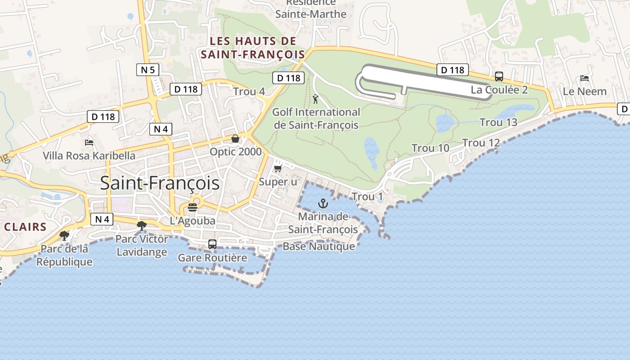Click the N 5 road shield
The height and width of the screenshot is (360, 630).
coord(148,70)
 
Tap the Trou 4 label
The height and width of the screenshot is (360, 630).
coord(249,92)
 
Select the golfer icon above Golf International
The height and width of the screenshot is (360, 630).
coord(315,99)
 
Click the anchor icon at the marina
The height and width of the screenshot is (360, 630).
coord(323,203)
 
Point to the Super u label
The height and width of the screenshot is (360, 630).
coord(278,182)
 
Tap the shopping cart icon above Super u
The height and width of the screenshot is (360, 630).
coord(278,168)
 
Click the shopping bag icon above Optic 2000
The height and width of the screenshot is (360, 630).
coord(235,139)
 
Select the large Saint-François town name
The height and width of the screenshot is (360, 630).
coord(160,183)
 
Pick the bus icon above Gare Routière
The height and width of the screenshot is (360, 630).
coord(212,244)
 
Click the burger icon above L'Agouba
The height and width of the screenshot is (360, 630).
coord(193,207)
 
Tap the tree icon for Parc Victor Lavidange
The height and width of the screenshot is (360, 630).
coord(142,225)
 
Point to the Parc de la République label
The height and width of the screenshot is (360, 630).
coord(64,255)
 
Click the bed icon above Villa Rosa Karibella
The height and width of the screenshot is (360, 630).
coord(89,143)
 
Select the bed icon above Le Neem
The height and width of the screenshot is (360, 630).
coord(585,78)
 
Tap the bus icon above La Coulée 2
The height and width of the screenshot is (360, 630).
coord(499,76)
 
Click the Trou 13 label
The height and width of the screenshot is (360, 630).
coord(498,122)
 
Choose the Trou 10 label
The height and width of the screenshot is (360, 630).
coord(430,148)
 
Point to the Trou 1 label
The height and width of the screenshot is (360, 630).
coord(367,197)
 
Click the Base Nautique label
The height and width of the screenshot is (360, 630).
coord(319,247)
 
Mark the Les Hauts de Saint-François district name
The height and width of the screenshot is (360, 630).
coord(253,48)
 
